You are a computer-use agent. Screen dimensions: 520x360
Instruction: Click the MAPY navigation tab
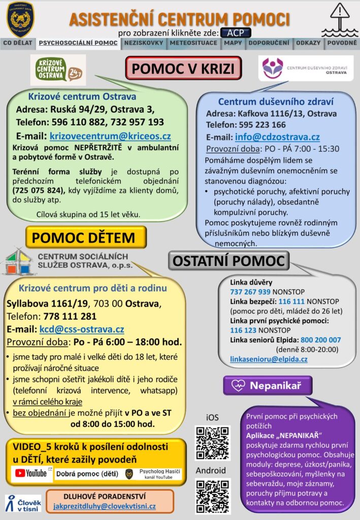[233, 43]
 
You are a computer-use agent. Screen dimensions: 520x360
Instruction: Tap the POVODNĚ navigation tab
[342, 43]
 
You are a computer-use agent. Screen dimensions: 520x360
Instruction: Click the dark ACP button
[236, 32]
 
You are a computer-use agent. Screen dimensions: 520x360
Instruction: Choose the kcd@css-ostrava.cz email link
[81, 329]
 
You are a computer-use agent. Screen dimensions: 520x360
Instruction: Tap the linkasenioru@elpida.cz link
[269, 359]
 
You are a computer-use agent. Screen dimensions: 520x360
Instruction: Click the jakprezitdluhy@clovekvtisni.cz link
[105, 506]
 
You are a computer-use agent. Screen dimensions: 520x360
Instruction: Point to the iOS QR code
[213, 442]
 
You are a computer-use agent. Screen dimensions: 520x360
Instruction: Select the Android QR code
[213, 496]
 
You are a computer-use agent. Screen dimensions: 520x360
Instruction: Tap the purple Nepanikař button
[268, 385]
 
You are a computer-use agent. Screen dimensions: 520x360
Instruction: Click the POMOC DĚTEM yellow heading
[86, 238]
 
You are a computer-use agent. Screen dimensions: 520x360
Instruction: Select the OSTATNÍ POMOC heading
[229, 261]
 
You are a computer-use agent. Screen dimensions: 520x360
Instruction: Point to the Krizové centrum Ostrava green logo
[58, 70]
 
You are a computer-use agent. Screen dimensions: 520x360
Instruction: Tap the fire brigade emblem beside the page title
[20, 19]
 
